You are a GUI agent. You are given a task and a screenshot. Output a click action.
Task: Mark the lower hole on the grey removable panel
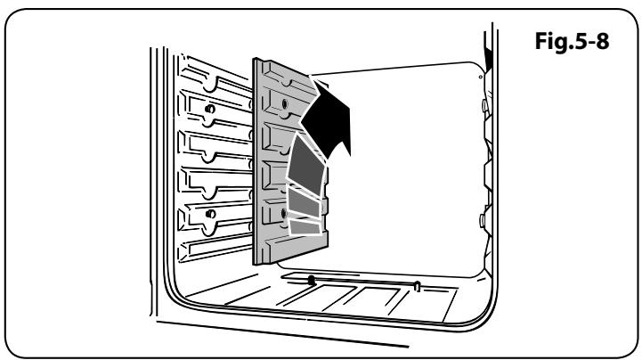(282, 213)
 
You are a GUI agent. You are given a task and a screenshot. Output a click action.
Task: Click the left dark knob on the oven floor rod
(311, 280)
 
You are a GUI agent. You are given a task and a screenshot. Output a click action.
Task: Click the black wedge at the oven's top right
(487, 57)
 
